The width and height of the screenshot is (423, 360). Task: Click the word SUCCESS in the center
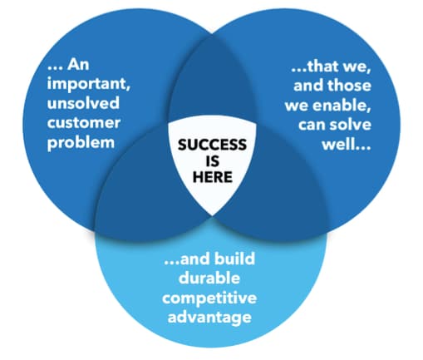pyautogui.click(x=212, y=145)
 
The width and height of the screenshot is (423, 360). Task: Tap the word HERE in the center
pyautogui.click(x=213, y=177)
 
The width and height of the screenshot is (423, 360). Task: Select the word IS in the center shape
pyautogui.click(x=213, y=160)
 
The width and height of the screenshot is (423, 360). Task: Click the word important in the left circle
pyautogui.click(x=88, y=84)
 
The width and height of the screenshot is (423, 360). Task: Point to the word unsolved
pyautogui.click(x=83, y=102)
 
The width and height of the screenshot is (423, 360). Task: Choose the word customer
pyautogui.click(x=84, y=123)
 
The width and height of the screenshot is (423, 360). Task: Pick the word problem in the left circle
pyautogui.click(x=81, y=143)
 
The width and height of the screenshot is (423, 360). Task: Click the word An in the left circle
pyautogui.click(x=78, y=65)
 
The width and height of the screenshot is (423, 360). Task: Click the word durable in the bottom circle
pyautogui.click(x=209, y=278)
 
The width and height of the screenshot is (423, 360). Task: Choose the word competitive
pyautogui.click(x=209, y=298)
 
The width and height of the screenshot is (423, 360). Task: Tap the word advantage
pyautogui.click(x=209, y=318)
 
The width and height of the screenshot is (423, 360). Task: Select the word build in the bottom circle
pyautogui.click(x=234, y=258)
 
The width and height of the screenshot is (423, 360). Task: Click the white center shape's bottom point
pyautogui.click(x=212, y=216)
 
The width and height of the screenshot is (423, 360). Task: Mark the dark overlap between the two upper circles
pyautogui.click(x=212, y=81)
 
